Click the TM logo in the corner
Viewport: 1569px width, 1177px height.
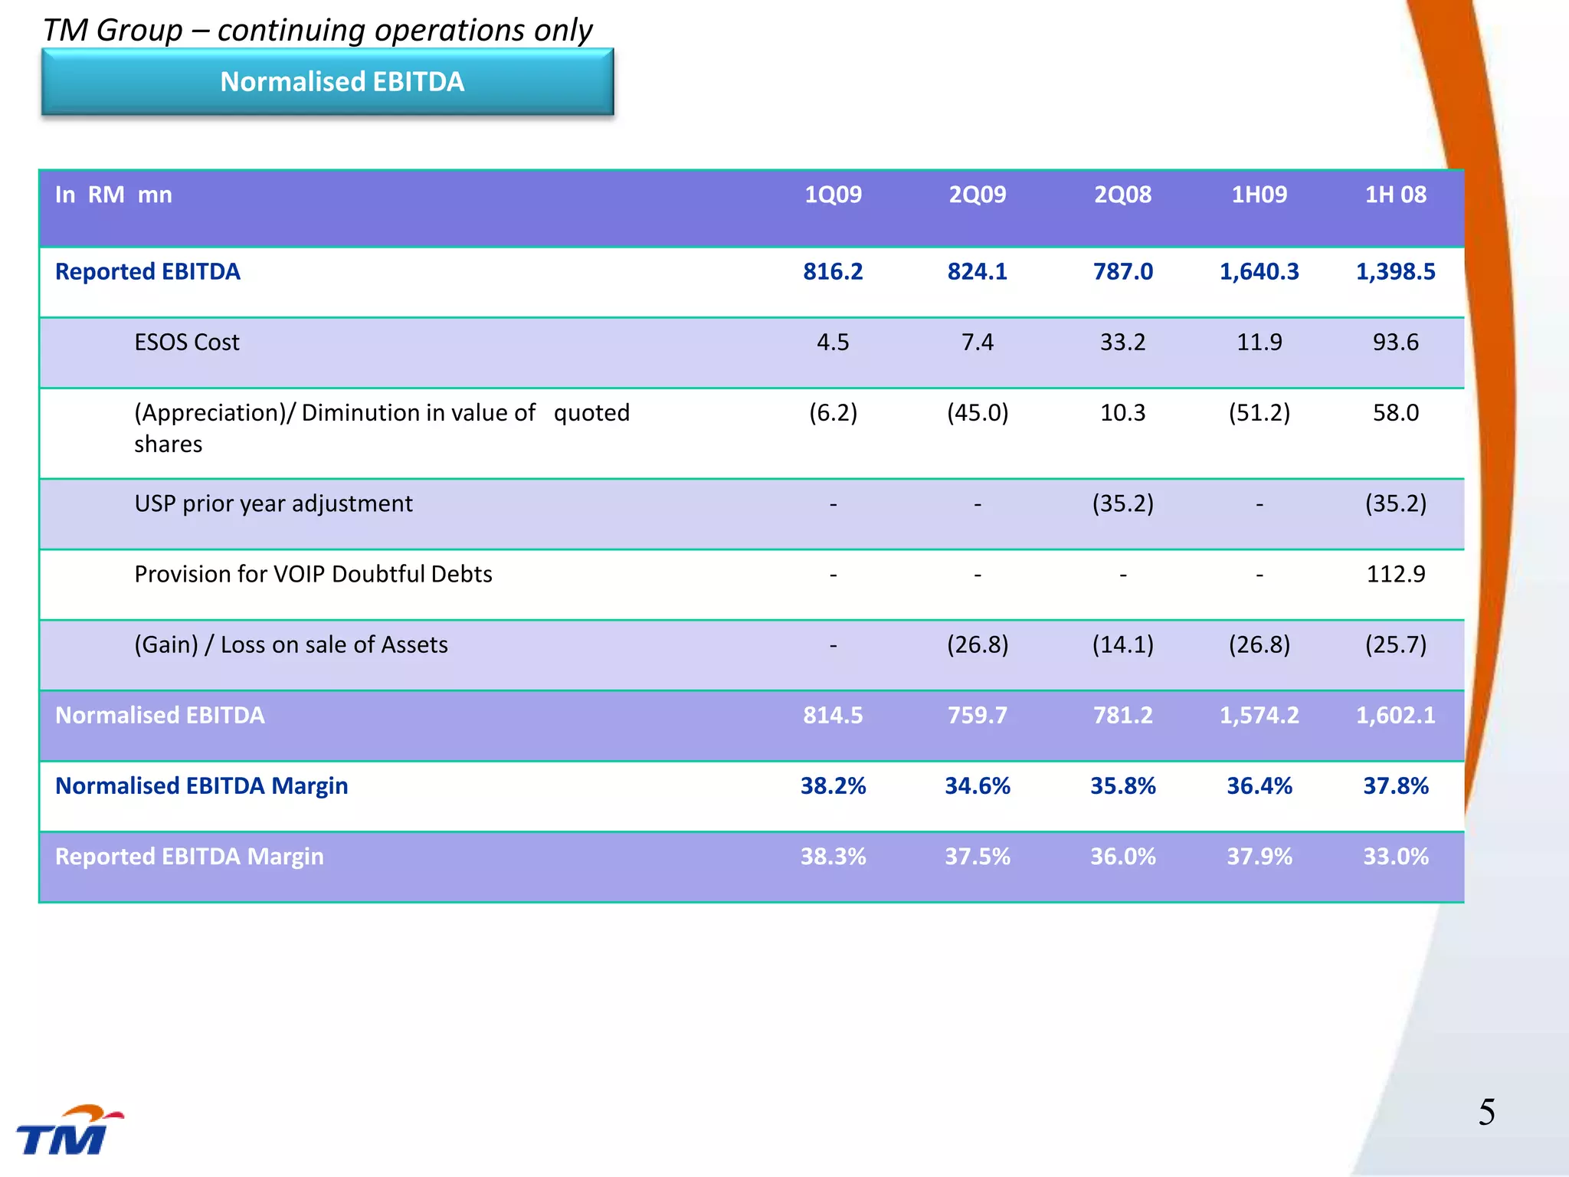pyautogui.click(x=67, y=1131)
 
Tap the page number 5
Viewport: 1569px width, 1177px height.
pyautogui.click(x=1486, y=1112)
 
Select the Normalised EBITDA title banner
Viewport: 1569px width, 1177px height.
pyautogui.click(x=328, y=82)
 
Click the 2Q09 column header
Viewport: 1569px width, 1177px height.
pyautogui.click(x=977, y=195)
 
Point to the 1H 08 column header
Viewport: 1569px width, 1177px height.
pyautogui.click(x=1395, y=195)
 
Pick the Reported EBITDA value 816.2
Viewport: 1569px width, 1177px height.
pyautogui.click(x=833, y=272)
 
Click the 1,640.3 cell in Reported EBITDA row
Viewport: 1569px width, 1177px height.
pyautogui.click(x=1259, y=272)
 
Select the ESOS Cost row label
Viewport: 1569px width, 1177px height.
pyautogui.click(x=187, y=343)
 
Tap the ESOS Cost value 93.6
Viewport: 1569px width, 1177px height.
pyautogui.click(x=1395, y=343)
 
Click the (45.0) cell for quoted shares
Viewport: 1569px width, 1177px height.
pyautogui.click(x=977, y=413)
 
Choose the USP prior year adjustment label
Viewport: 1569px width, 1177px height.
pyautogui.click(x=274, y=503)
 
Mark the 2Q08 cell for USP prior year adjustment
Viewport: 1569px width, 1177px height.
pyautogui.click(x=1122, y=503)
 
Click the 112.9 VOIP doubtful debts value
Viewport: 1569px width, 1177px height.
pyautogui.click(x=1395, y=574)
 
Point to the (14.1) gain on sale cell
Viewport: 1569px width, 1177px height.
pyautogui.click(x=1122, y=644)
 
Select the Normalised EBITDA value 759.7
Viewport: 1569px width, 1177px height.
pyautogui.click(x=977, y=715)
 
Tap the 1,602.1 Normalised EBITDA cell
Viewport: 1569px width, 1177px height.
pyautogui.click(x=1395, y=715)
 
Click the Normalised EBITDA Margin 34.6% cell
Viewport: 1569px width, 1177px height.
pyautogui.click(x=977, y=785)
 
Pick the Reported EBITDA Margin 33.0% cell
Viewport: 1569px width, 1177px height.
pyautogui.click(x=1395, y=856)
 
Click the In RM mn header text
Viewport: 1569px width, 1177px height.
pyautogui.click(x=113, y=195)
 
